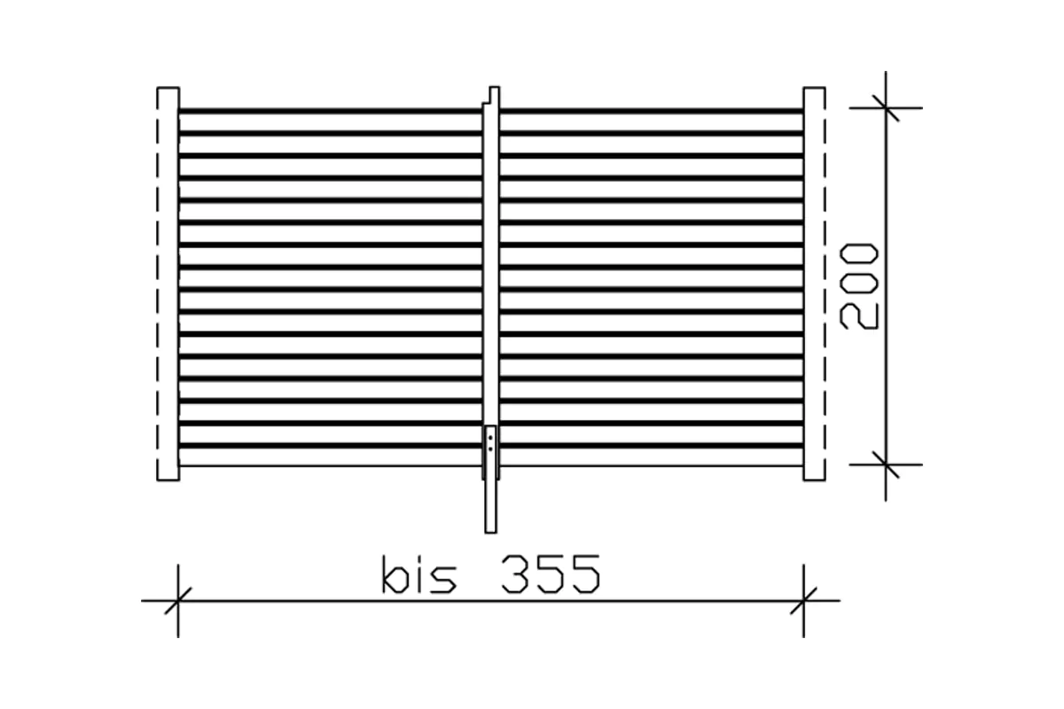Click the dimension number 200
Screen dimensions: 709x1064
[859, 286]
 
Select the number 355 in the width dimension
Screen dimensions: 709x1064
[550, 576]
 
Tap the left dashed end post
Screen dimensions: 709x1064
[168, 284]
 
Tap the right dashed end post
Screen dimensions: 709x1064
[814, 284]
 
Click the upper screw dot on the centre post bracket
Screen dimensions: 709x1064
[491, 437]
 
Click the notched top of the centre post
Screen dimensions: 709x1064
[493, 93]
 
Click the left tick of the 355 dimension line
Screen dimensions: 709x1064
[178, 601]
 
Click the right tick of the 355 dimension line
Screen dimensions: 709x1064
[804, 601]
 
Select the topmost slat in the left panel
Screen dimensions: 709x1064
[331, 111]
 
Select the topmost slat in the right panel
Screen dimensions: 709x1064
[652, 111]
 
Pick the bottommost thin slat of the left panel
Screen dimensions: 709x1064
[331, 464]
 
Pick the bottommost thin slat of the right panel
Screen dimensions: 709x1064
[652, 464]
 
